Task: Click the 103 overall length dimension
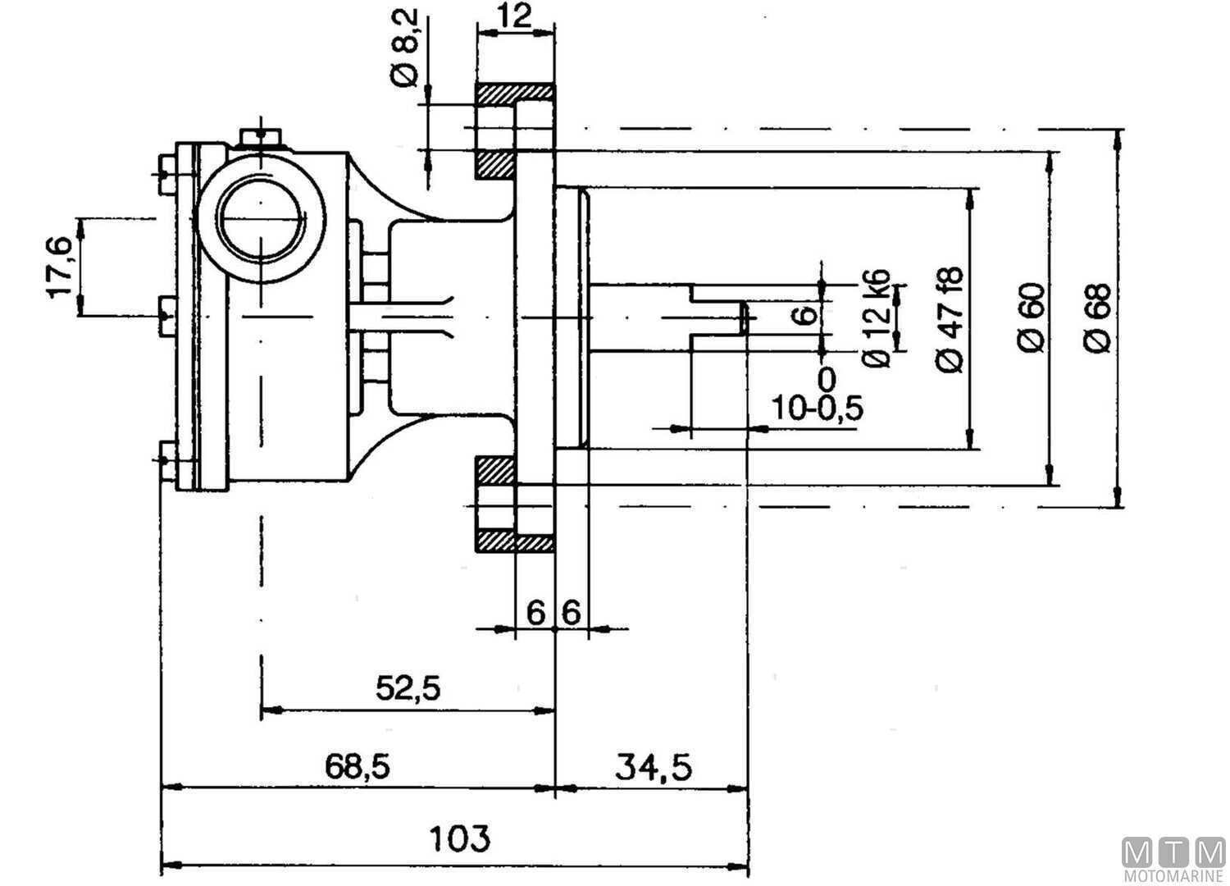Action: point(459,838)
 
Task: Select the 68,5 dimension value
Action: point(358,765)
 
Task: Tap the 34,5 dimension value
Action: point(654,767)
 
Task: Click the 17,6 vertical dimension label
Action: point(60,267)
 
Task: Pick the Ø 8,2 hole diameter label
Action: point(405,48)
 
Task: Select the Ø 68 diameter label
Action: point(1097,318)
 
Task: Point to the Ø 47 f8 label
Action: point(950,319)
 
